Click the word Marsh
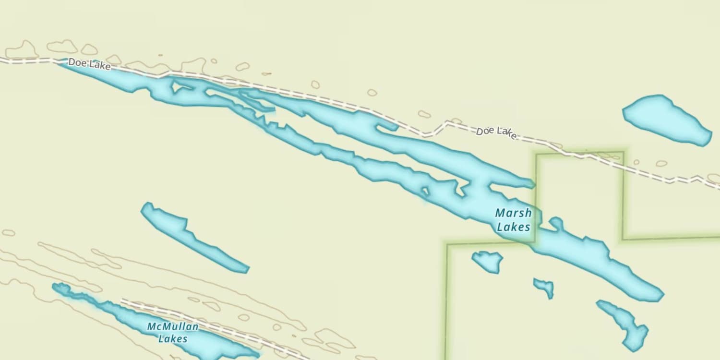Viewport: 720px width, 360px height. [513, 213]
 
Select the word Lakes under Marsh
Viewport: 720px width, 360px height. [513, 227]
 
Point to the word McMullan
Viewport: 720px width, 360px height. [172, 327]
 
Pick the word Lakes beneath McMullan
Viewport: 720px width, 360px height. [172, 339]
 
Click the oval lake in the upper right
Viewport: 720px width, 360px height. [666, 119]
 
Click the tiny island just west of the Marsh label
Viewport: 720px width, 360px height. [425, 192]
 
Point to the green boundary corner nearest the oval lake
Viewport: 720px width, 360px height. [623, 153]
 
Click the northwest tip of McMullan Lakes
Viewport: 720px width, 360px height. [55, 287]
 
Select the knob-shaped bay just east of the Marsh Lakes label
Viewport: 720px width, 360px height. [556, 223]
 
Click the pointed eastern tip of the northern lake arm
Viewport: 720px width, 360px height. [533, 183]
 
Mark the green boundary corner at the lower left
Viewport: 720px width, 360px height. [447, 245]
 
